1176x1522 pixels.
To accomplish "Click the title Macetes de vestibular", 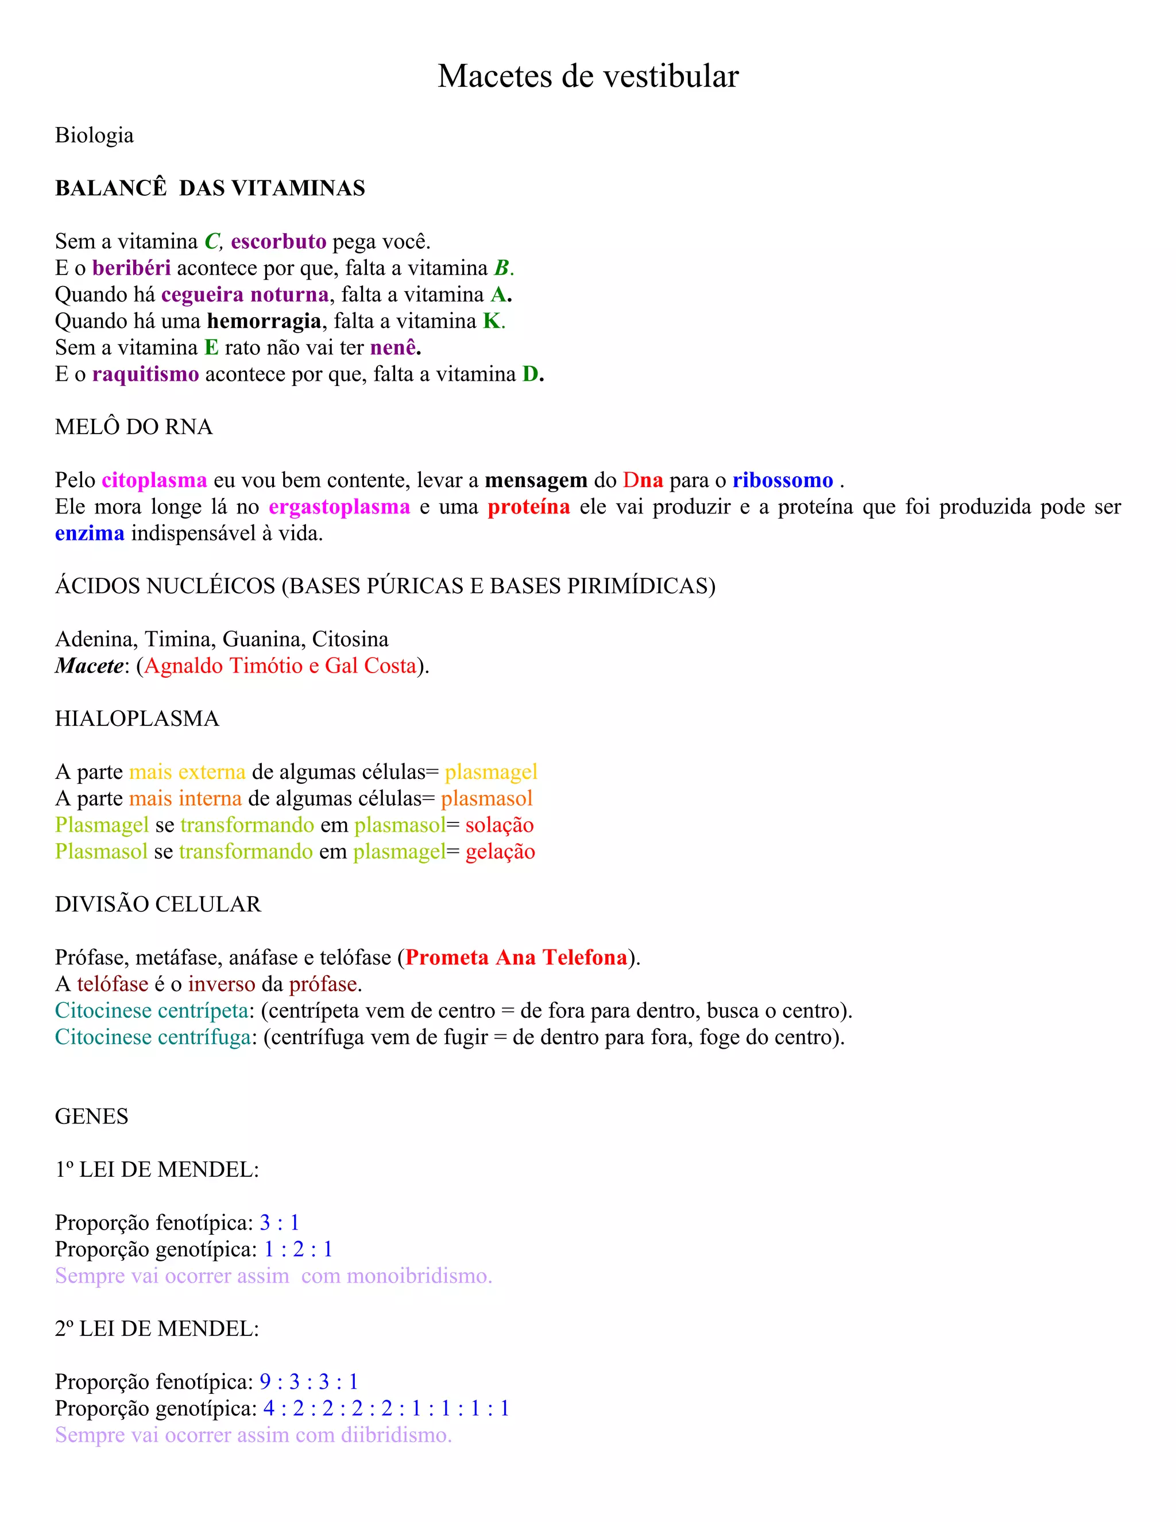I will [588, 76].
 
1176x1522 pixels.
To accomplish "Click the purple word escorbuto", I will [278, 241].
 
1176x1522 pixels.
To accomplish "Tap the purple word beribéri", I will [131, 268].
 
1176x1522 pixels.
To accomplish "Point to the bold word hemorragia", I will [264, 321].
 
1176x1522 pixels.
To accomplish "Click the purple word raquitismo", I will [146, 374].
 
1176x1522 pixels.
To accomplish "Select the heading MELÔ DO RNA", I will [134, 427].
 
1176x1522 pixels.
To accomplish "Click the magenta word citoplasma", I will [154, 480].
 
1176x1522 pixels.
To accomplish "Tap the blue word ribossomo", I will [783, 480].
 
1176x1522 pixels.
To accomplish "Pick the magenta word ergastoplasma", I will [339, 507].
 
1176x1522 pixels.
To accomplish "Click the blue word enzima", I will [90, 533].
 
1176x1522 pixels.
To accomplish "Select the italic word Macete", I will [89, 666].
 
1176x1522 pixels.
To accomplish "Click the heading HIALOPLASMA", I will [137, 718].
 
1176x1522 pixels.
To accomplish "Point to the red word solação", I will [500, 825].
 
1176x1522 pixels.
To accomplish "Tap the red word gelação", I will [500, 852].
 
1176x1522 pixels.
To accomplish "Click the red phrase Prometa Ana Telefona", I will [516, 957].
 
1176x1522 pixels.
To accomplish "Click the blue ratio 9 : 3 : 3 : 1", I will [308, 1381].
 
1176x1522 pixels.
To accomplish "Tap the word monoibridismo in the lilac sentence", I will [419, 1276].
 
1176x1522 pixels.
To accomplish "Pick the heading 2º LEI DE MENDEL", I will [157, 1328].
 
